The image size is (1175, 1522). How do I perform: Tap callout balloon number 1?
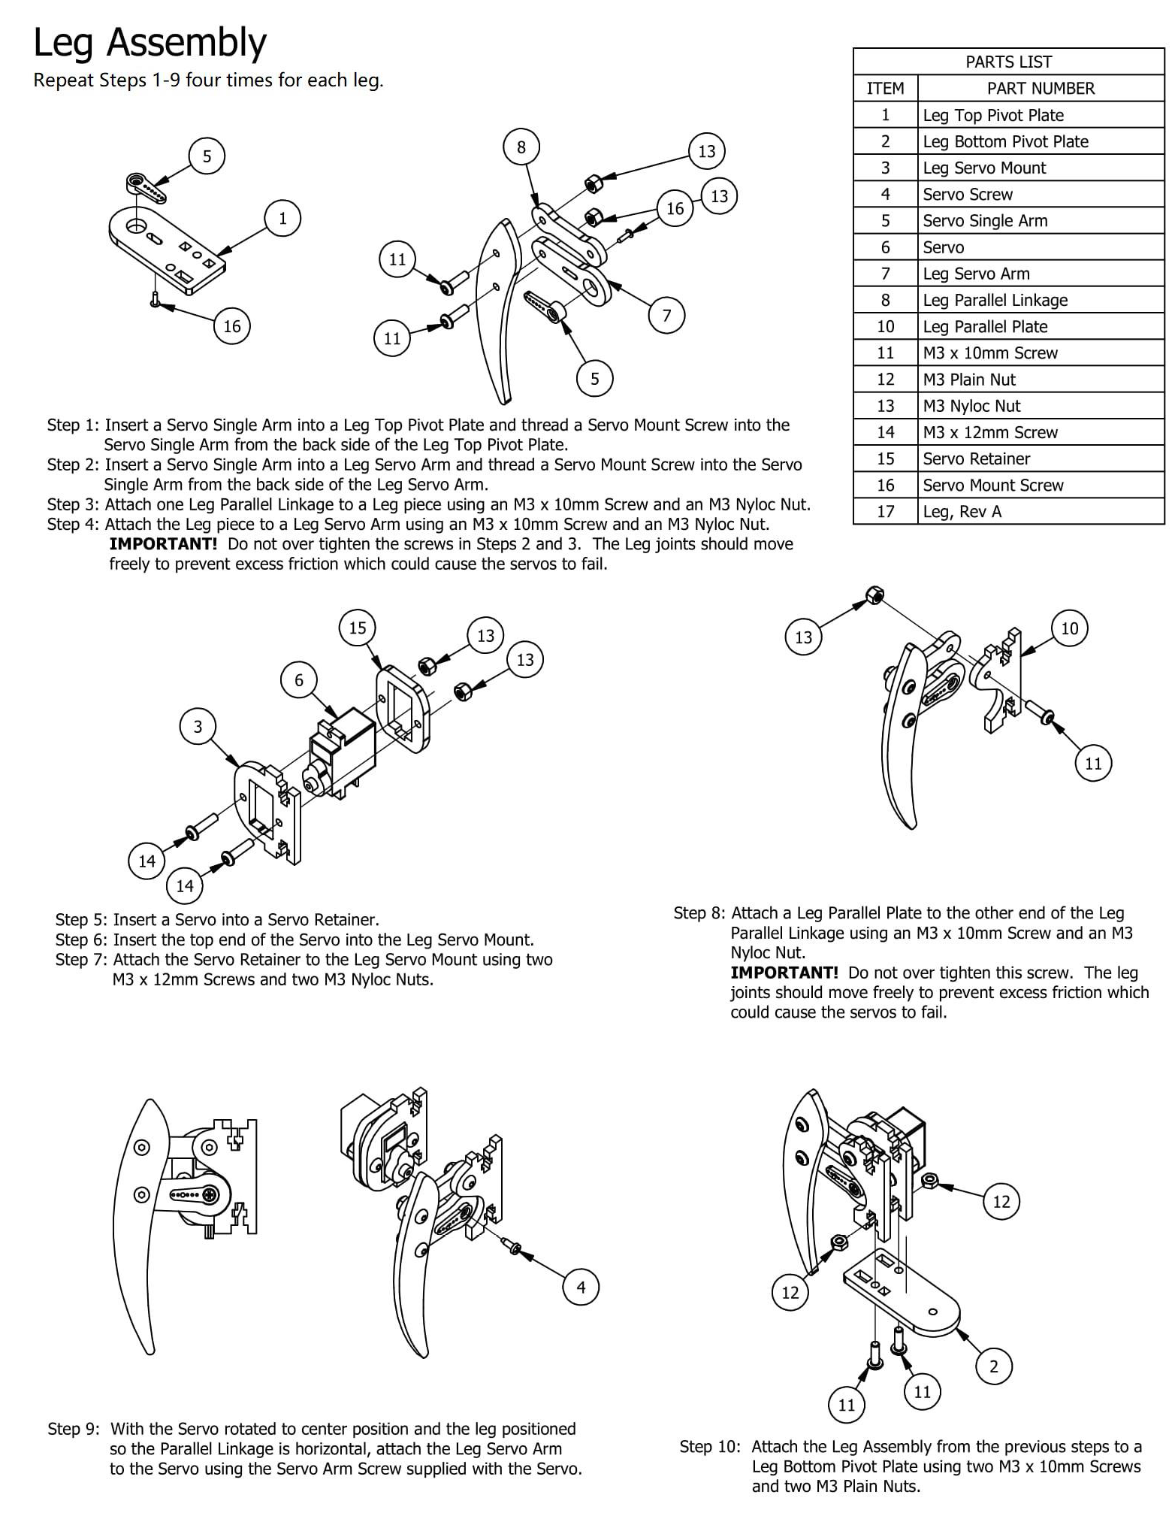[282, 219]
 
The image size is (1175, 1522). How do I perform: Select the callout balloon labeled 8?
[521, 147]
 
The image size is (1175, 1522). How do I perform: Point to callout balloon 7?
[666, 315]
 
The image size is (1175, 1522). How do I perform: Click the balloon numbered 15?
[358, 628]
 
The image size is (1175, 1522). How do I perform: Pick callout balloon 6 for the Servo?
[299, 680]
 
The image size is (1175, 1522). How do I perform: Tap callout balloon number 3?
[198, 727]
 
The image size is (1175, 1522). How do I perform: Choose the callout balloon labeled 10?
[1069, 628]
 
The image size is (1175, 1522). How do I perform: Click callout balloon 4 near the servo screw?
[581, 1287]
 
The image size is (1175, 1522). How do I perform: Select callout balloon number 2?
[993, 1366]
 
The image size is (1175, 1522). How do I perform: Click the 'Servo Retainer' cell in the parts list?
[977, 458]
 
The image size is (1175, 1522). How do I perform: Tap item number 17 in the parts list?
[885, 511]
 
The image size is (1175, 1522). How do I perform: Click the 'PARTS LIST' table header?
[1008, 62]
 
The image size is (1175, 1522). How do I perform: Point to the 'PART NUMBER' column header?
[1041, 88]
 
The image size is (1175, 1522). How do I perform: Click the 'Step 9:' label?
[74, 1429]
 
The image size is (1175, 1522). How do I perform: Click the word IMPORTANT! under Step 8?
[784, 973]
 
